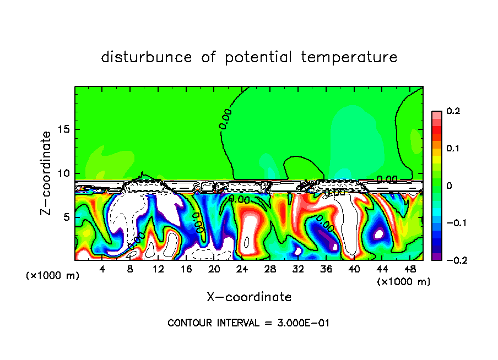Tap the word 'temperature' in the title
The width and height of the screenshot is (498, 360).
click(349, 57)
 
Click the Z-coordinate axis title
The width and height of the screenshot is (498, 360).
click(47, 173)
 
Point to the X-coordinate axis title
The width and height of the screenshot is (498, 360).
click(249, 297)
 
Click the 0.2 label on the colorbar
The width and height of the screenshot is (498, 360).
click(453, 111)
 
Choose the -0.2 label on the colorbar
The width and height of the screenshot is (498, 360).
click(451, 260)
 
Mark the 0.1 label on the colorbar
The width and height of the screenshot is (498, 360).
click(453, 149)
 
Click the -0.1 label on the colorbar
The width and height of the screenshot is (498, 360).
click(451, 223)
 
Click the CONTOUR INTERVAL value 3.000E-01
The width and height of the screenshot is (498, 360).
click(304, 323)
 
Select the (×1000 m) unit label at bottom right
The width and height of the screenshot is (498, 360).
click(403, 282)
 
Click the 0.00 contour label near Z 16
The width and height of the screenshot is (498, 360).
click(226, 119)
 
